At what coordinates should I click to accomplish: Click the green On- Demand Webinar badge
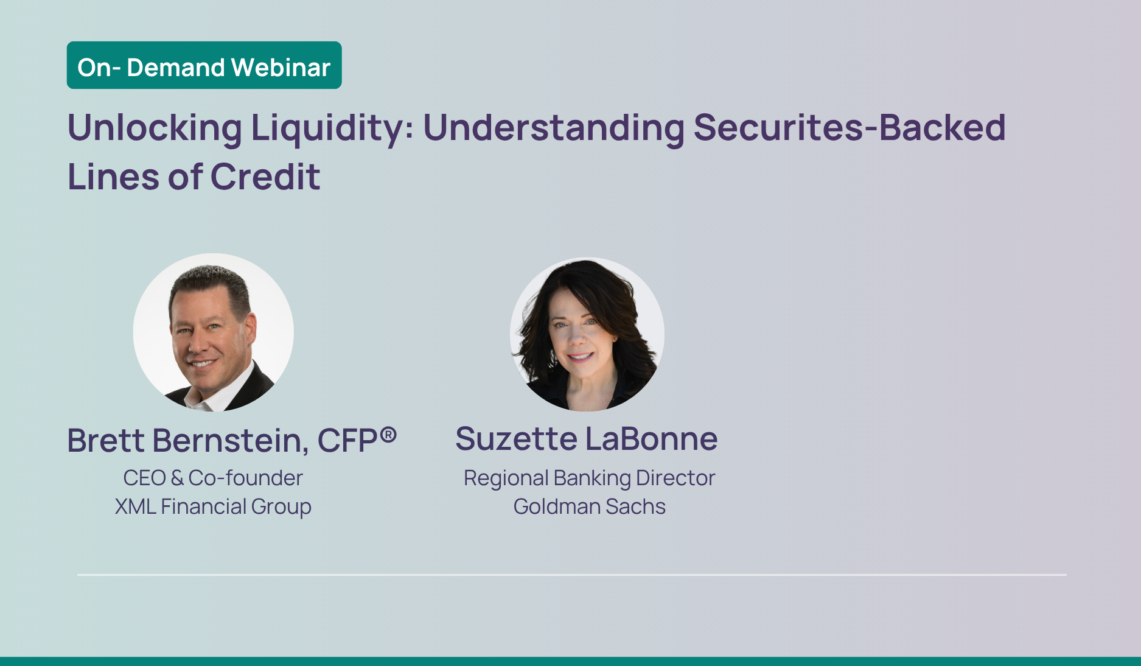pos(204,65)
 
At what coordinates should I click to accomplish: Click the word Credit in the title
pos(265,177)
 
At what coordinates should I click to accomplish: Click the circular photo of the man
pos(213,332)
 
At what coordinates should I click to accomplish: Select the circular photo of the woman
pos(587,334)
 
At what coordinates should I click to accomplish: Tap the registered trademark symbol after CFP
pos(389,434)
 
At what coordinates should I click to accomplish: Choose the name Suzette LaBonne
pos(587,439)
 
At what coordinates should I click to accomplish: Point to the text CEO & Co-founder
pos(213,478)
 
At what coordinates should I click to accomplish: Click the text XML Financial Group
pos(213,507)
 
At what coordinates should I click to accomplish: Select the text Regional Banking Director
pos(589,478)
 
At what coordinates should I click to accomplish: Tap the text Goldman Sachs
pos(589,507)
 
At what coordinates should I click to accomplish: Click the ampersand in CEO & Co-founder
pos(177,478)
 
